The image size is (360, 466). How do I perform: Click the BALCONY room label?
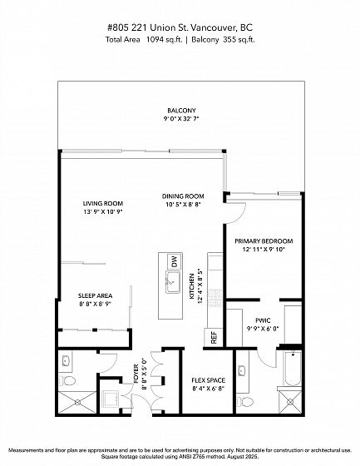click(181, 111)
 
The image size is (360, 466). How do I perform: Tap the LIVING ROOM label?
click(103, 204)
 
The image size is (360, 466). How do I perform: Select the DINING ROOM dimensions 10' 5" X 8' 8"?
click(183, 205)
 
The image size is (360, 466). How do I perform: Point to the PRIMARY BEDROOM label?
click(264, 241)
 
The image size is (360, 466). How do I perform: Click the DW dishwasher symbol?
click(175, 261)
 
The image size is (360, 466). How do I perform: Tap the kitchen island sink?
click(173, 282)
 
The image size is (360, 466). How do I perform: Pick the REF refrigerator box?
click(214, 337)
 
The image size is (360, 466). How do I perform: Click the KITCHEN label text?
click(192, 286)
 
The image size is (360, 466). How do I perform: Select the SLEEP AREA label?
click(96, 296)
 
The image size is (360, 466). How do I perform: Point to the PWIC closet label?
click(263, 320)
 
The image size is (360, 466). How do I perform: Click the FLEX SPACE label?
click(208, 380)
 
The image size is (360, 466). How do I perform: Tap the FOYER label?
click(136, 374)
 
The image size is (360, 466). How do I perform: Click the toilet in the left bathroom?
click(67, 381)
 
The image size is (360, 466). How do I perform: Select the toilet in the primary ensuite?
click(244, 402)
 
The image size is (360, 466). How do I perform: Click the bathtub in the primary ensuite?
click(293, 368)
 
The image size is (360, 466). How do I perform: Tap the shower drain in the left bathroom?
click(78, 403)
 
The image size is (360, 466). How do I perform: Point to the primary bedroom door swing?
click(239, 214)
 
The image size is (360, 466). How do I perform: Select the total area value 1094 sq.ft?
click(164, 40)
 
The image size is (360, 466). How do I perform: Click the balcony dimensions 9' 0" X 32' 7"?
click(181, 119)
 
